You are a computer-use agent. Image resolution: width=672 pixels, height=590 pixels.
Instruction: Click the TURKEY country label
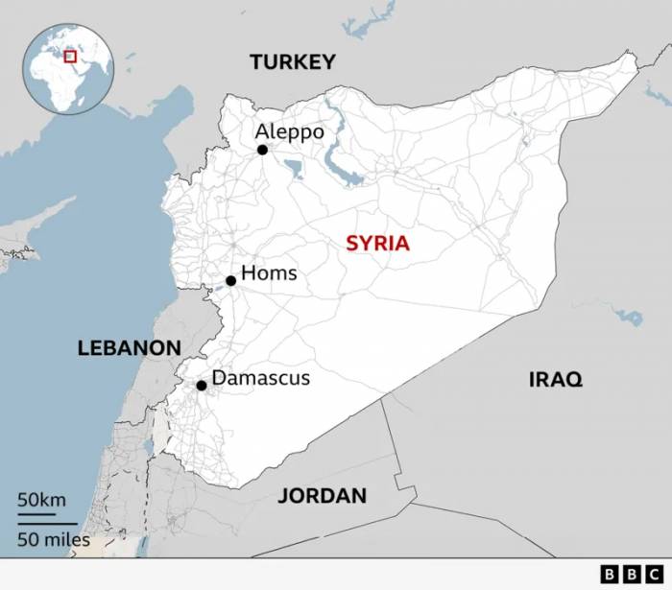[x=293, y=62]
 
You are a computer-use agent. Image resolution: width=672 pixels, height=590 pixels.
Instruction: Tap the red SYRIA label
[x=377, y=243]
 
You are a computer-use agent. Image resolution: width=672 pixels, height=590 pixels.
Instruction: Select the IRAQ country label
[x=555, y=380]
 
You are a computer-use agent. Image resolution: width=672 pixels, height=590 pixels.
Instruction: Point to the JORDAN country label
[x=322, y=496]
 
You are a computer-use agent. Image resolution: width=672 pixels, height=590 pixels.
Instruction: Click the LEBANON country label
[x=129, y=348]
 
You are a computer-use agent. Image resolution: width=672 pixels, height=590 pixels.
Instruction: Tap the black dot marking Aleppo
[x=262, y=150]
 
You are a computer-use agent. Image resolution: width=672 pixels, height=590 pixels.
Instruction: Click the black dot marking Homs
[x=230, y=281]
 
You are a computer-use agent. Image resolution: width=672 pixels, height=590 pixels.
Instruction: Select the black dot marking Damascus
[x=202, y=386]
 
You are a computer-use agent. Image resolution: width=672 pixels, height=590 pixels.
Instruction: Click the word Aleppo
[x=290, y=131]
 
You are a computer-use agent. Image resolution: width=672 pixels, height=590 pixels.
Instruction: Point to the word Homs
[x=269, y=273]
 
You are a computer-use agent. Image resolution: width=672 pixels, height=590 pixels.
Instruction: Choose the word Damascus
[x=261, y=378]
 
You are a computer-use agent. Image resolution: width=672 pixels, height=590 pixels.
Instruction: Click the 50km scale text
[x=41, y=500]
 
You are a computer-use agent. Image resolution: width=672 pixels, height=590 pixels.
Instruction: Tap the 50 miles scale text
[x=53, y=539]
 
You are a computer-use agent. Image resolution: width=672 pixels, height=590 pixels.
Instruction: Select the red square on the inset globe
[x=70, y=57]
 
